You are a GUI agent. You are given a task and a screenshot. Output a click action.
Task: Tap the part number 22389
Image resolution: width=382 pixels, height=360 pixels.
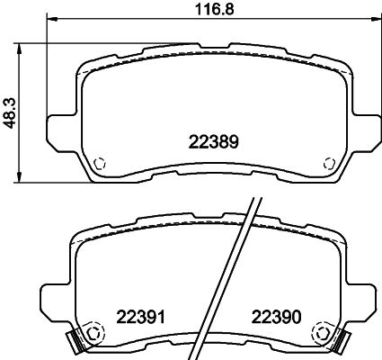click(212, 140)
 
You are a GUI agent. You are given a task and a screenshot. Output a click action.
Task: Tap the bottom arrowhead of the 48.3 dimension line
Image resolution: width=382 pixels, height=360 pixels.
click(22, 178)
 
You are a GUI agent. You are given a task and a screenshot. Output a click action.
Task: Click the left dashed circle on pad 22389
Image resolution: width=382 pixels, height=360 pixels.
click(101, 163)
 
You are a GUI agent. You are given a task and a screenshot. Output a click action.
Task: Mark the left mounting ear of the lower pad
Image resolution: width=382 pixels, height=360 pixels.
click(52, 301)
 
